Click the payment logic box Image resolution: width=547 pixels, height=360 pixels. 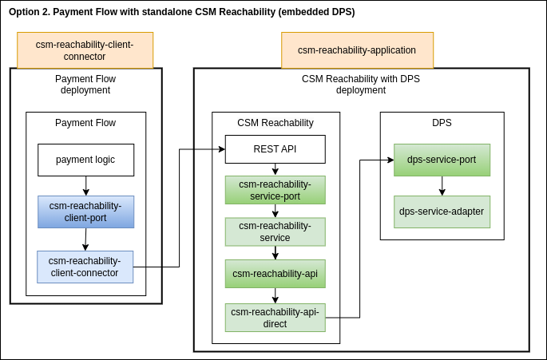click(x=85, y=160)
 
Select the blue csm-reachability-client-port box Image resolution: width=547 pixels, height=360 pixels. click(x=85, y=212)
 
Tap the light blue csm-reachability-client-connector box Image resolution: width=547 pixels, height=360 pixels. click(x=85, y=267)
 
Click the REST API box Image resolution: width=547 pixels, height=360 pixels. click(x=275, y=149)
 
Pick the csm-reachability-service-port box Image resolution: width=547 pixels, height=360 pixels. click(x=275, y=190)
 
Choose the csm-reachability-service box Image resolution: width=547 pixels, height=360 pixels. click(x=275, y=231)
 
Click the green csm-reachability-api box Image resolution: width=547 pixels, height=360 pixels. click(x=275, y=274)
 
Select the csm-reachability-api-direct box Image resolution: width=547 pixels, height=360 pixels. click(x=275, y=318)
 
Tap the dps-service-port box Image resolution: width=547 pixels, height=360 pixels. click(x=442, y=160)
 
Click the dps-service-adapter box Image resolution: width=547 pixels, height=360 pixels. click(x=442, y=212)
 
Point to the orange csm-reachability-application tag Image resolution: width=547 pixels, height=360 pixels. click(x=357, y=50)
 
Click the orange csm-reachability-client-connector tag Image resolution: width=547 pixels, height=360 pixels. click(x=85, y=50)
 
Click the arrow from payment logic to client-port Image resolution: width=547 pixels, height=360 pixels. click(x=85, y=185)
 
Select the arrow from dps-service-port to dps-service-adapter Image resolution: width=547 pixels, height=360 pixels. click(x=442, y=185)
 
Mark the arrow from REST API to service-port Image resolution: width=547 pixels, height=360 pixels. click(x=275, y=169)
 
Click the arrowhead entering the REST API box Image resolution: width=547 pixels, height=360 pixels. click(x=221, y=149)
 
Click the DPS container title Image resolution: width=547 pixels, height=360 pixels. click(x=442, y=123)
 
